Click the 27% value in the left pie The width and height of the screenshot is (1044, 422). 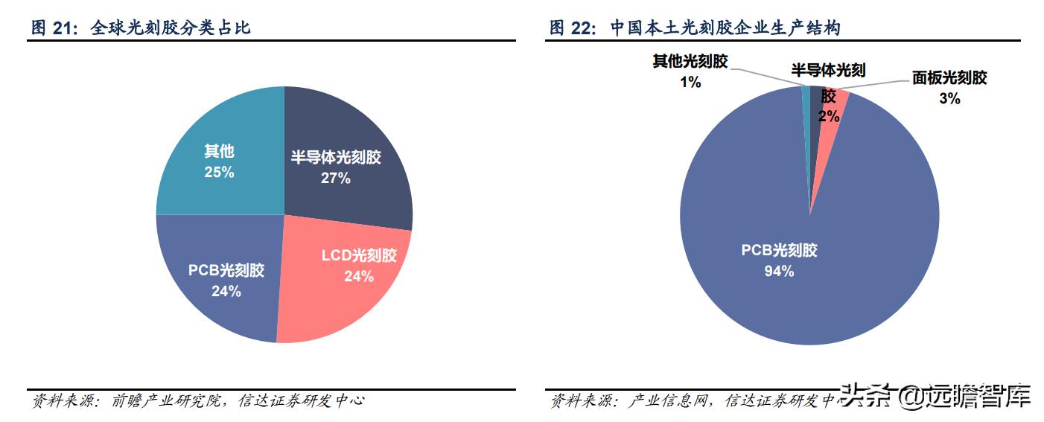point(336,179)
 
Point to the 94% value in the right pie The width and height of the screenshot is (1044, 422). point(779,272)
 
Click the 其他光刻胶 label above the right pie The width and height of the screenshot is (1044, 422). point(690,62)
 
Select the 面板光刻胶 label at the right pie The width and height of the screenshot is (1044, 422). point(949,78)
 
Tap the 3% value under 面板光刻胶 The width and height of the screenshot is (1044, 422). point(949,98)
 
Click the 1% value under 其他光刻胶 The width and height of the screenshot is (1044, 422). point(690,82)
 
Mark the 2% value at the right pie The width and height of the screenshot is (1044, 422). point(828,116)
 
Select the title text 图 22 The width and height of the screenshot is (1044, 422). point(573,29)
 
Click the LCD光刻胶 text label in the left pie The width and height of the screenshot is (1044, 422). point(359,256)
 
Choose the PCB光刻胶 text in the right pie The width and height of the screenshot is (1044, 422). point(779,251)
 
